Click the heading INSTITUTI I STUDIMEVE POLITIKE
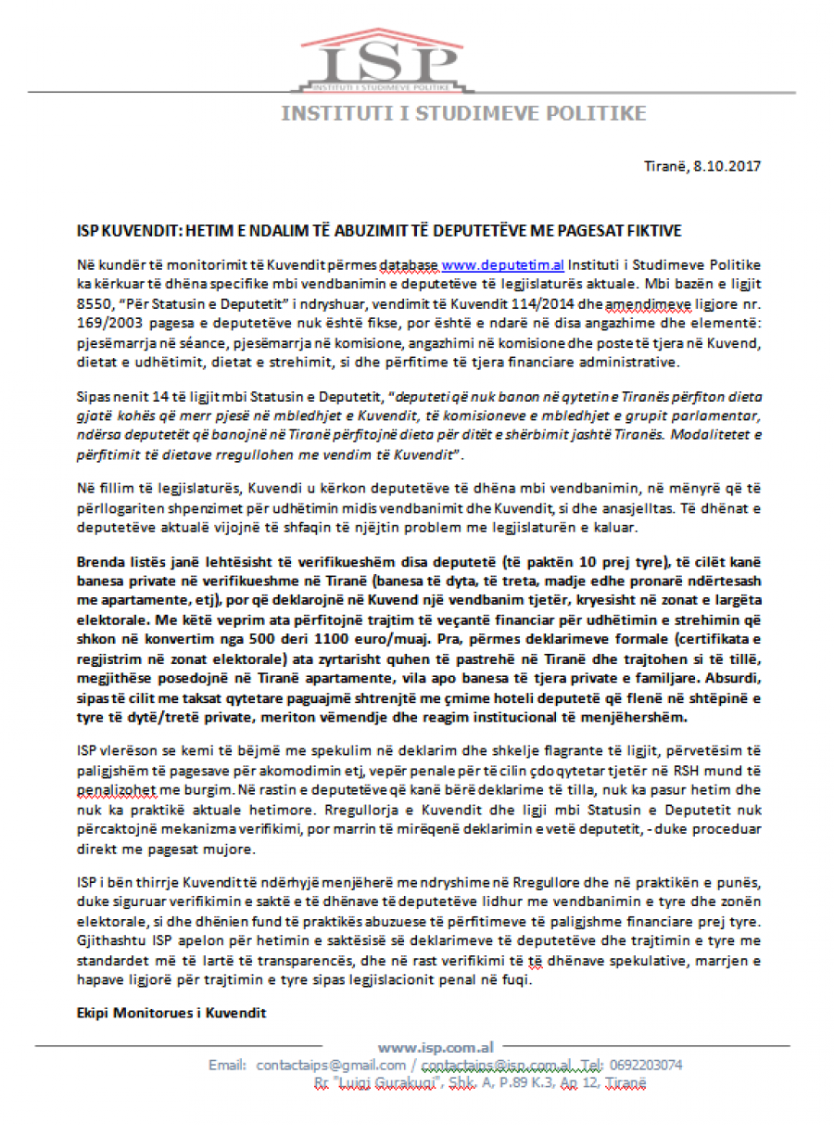pos(463,114)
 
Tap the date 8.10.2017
pos(727,166)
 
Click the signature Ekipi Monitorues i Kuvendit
pos(171,1013)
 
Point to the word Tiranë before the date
pos(666,166)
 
